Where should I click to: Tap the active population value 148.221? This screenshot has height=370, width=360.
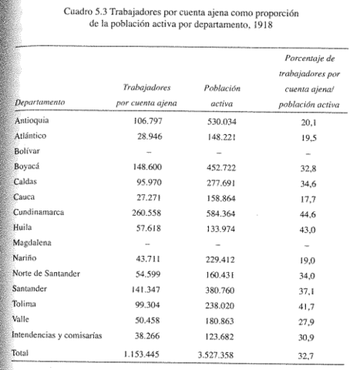point(225,137)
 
